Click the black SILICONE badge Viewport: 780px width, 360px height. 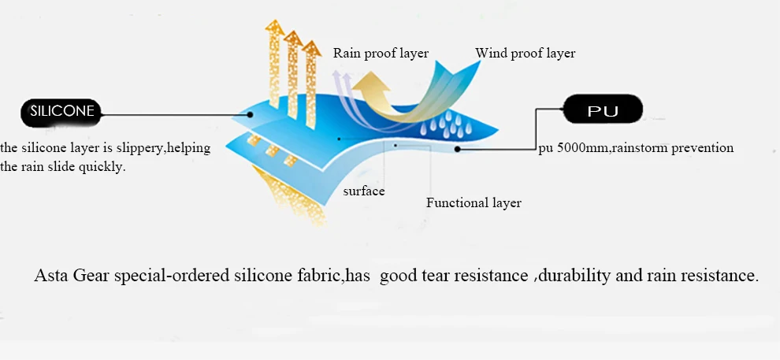(61, 113)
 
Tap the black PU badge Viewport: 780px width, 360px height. (603, 109)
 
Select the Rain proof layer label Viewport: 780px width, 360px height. (381, 54)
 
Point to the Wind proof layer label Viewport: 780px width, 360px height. (525, 54)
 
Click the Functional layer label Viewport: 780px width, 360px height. (474, 203)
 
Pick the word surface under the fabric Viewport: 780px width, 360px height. (364, 191)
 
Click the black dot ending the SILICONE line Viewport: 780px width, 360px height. (251, 115)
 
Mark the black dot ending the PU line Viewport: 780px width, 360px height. (457, 149)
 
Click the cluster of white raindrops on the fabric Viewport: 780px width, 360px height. (446, 124)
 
